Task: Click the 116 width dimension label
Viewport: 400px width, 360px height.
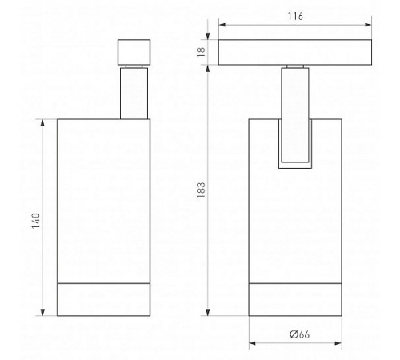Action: [x=295, y=16]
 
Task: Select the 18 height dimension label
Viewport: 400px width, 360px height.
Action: [x=201, y=52]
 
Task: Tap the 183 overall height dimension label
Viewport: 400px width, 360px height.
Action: [x=201, y=190]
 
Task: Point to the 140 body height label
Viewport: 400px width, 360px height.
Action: [x=36, y=221]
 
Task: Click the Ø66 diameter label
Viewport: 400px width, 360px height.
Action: [x=299, y=334]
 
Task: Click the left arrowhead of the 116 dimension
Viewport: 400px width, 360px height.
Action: [x=222, y=25]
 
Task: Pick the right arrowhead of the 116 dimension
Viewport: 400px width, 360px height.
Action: [x=368, y=25]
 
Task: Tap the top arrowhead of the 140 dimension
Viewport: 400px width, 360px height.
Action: [x=42, y=122]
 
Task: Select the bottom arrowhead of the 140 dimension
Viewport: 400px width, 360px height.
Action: [x=42, y=312]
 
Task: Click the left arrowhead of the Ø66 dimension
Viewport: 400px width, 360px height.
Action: [x=252, y=343]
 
